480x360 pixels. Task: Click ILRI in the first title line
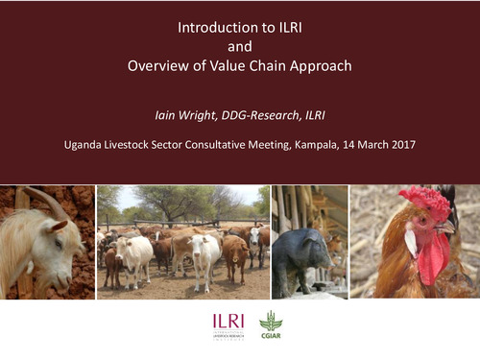285,28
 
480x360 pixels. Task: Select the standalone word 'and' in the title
240,47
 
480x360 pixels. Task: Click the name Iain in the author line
168,114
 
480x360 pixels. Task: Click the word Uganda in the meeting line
83,147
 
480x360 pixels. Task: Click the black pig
300,254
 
